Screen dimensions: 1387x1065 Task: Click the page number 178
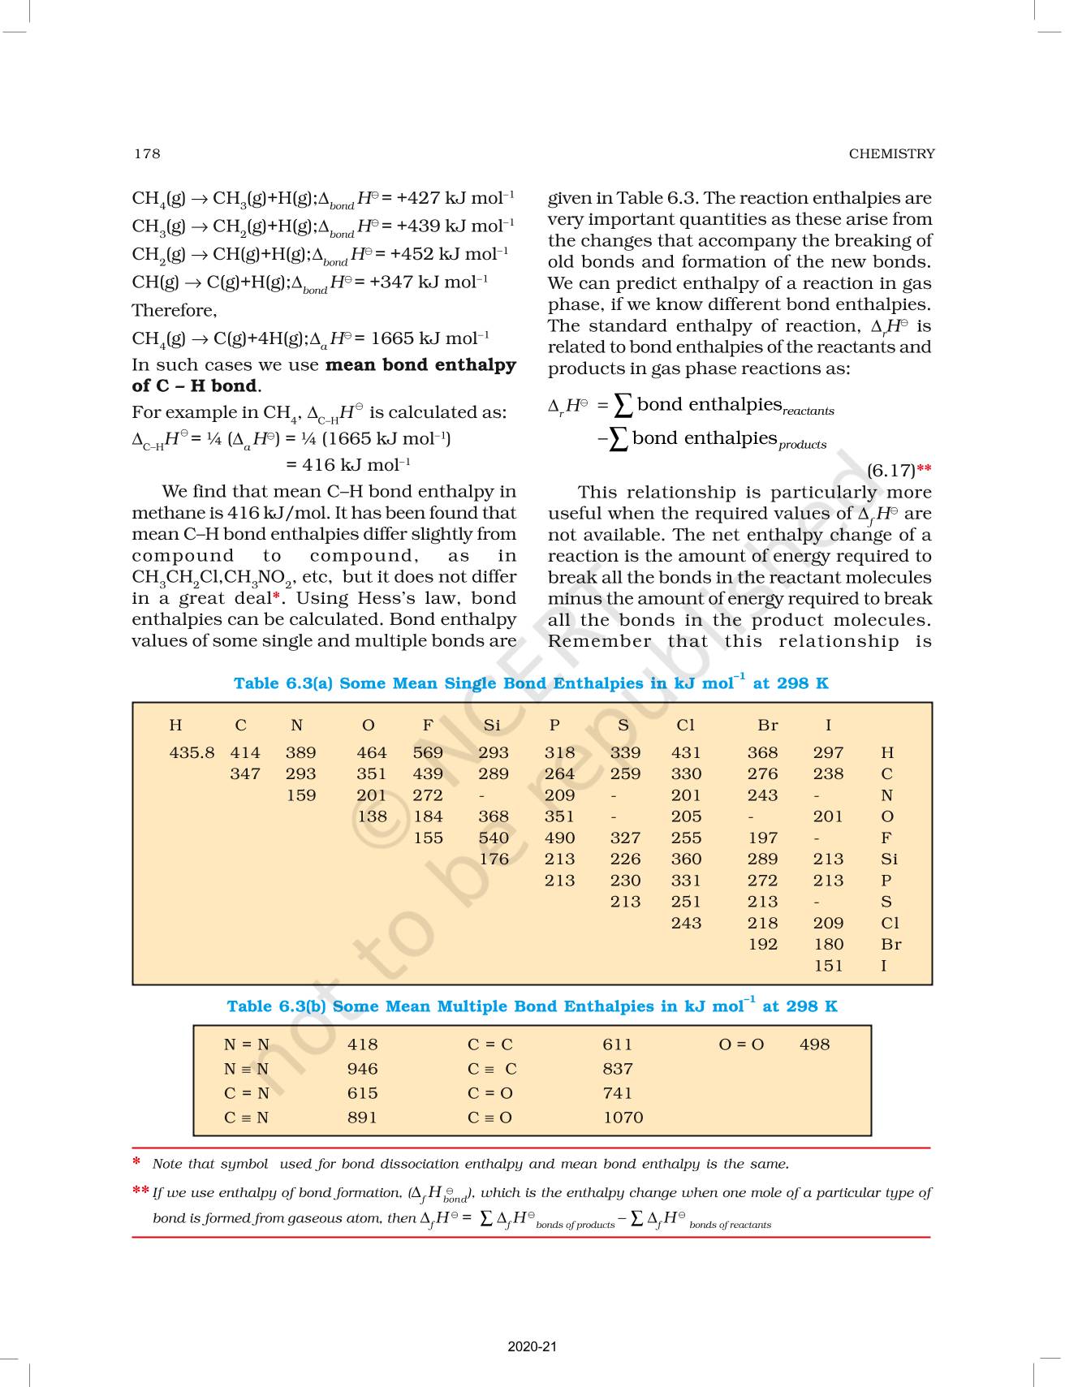tap(147, 153)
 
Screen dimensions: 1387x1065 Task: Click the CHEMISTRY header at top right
tap(891, 153)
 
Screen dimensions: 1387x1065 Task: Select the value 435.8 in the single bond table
tap(192, 753)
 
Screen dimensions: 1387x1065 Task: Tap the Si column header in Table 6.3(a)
tap(492, 726)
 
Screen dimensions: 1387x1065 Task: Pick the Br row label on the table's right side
tap(890, 945)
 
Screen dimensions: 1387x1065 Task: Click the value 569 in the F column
tap(428, 753)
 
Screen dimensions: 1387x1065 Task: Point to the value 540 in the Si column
tap(494, 838)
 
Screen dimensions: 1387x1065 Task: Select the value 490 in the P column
tap(559, 838)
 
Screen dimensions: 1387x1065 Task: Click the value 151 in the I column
tap(828, 966)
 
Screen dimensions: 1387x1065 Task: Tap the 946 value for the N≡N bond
tap(362, 1070)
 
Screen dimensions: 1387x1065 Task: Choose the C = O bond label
tap(490, 1094)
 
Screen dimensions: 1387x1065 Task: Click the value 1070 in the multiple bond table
tap(623, 1118)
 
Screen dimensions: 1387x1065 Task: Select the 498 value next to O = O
tap(814, 1045)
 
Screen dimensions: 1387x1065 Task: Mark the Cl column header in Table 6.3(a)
tap(685, 726)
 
